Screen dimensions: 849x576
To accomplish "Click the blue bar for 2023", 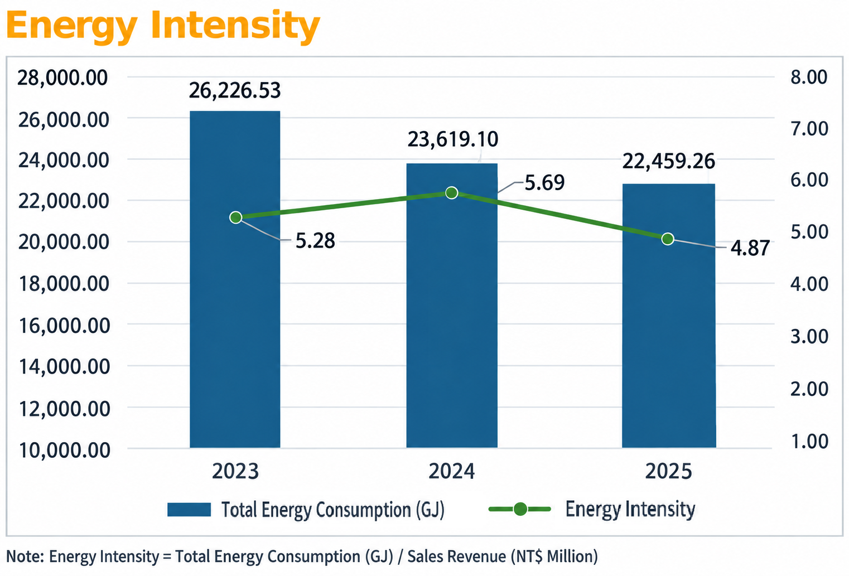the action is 235,279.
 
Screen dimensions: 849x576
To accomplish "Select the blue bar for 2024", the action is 452,306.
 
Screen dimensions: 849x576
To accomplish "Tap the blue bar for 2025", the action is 669,316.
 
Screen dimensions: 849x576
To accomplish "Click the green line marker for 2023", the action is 236,217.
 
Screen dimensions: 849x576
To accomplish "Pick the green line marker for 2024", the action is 451,193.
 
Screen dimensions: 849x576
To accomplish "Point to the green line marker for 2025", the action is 668,239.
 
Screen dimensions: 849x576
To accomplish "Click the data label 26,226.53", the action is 235,90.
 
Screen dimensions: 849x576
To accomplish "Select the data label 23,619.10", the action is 453,139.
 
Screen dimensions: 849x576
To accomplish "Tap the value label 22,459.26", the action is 669,161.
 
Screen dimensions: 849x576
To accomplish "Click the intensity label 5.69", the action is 544,182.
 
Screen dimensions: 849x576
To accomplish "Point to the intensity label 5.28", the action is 315,241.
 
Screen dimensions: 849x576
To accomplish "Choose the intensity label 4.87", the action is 750,248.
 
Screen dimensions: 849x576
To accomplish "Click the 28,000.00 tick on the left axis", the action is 62,78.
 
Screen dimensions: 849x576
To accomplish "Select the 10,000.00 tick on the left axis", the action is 65,451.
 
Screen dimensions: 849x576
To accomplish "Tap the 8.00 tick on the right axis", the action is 809,77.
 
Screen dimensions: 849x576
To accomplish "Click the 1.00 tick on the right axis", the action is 809,442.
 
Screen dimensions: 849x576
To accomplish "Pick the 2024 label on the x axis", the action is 451,471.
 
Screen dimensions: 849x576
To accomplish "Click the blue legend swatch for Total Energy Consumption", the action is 189,509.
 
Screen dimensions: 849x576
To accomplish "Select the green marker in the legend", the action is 520,509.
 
